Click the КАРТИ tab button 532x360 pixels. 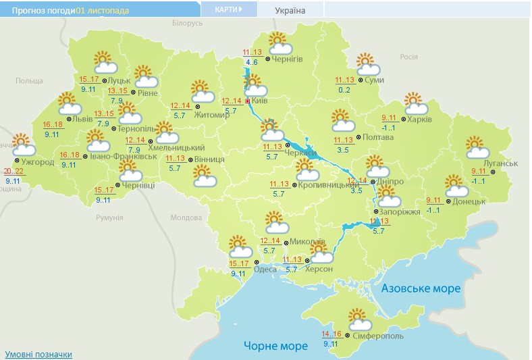(x=229, y=9)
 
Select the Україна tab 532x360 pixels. (x=290, y=10)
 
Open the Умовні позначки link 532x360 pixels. (x=38, y=354)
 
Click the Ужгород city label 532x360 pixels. (x=38, y=163)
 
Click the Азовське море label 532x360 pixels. (x=421, y=288)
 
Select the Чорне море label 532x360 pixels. (x=275, y=345)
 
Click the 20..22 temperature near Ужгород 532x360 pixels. (x=13, y=171)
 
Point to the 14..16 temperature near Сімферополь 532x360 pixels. (x=331, y=334)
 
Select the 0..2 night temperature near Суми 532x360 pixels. (x=344, y=90)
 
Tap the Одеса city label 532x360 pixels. (x=265, y=269)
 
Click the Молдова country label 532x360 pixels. (x=186, y=217)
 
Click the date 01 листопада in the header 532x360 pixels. (x=103, y=11)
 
